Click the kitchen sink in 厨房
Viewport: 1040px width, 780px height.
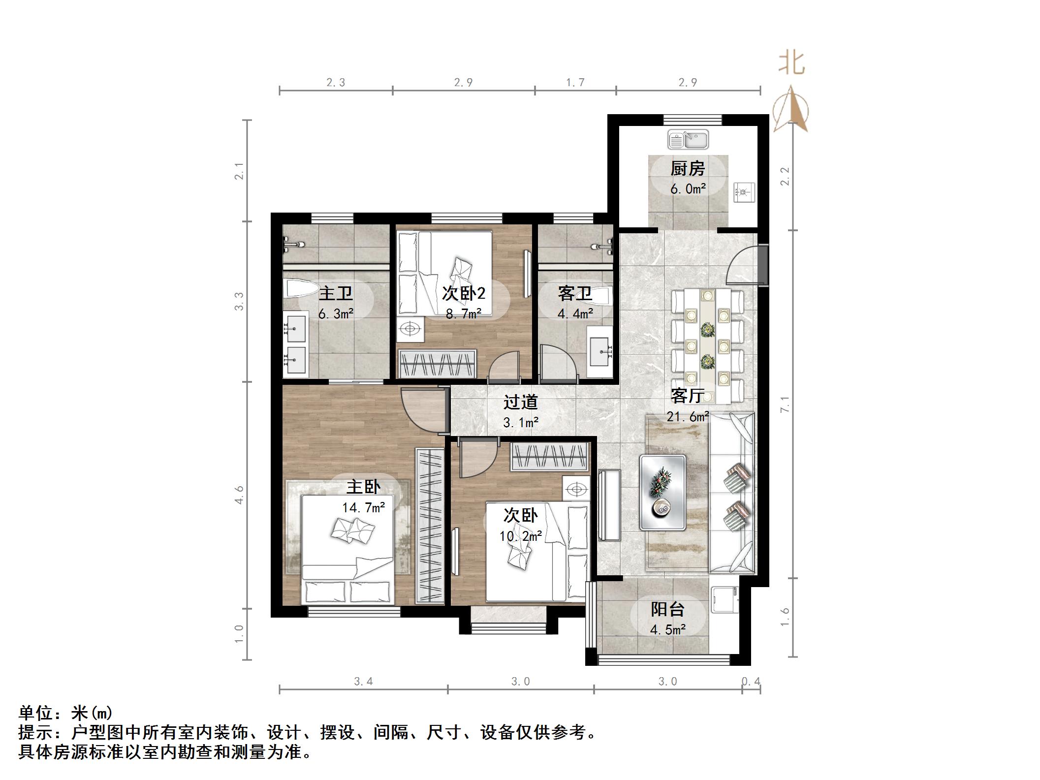(688, 140)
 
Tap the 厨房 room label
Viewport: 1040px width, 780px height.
(688, 169)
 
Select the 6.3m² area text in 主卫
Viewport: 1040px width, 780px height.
(336, 313)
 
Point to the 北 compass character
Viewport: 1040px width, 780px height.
(791, 63)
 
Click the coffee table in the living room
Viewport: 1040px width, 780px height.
(662, 493)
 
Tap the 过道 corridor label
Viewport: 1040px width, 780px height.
(520, 402)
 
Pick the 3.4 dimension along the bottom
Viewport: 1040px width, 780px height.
(363, 682)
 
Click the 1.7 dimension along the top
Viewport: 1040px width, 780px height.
(575, 82)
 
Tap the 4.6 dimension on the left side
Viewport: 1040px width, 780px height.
(239, 494)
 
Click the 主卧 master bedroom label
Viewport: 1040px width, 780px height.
(363, 487)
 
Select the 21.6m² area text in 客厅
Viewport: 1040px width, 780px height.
(688, 417)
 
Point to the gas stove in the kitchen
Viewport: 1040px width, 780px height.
(744, 192)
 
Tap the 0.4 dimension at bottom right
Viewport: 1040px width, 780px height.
(751, 682)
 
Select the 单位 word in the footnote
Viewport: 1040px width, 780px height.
(35, 713)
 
